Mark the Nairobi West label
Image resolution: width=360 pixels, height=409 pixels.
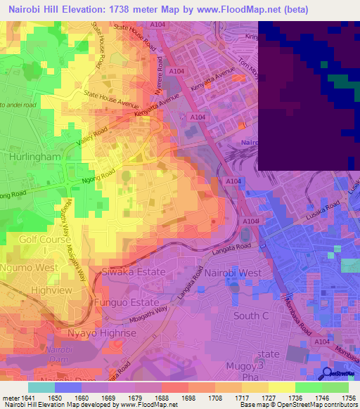[x=233, y=273]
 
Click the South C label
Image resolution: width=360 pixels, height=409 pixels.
[x=247, y=316]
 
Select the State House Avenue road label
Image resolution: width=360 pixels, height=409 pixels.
[x=112, y=99]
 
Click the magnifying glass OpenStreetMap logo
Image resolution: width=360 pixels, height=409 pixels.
[x=328, y=373]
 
